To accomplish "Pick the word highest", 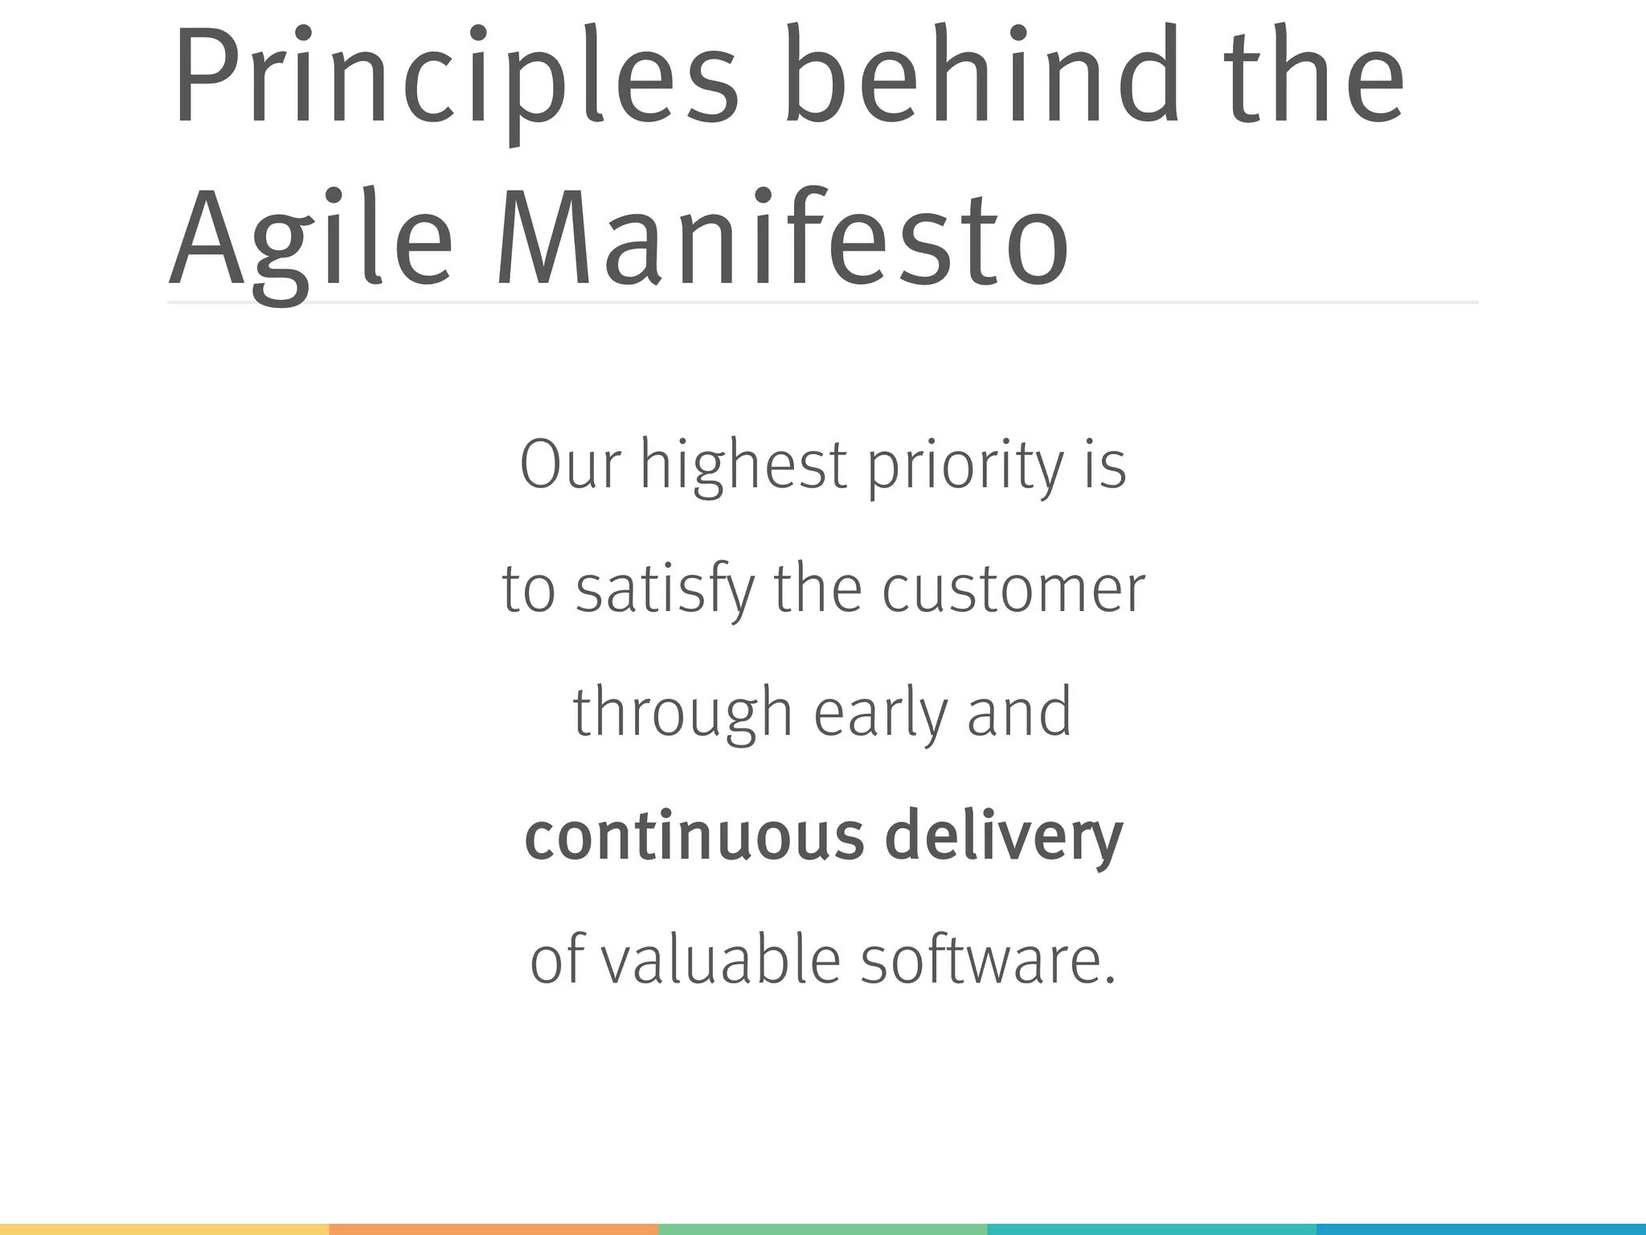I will point(743,466).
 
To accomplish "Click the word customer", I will point(1013,589).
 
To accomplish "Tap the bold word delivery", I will point(1004,836).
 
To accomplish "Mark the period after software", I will point(1110,980).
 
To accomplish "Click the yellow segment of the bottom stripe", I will point(164,1229).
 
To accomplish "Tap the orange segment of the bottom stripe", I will point(493,1229).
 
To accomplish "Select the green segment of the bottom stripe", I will point(823,1229).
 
